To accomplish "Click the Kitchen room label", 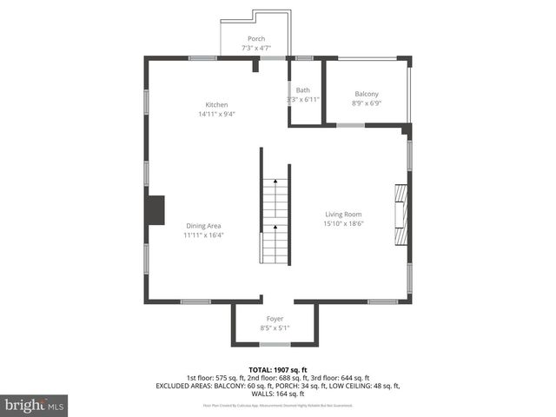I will tap(216, 104).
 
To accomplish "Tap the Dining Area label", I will tap(203, 226).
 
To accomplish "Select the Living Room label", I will tap(343, 214).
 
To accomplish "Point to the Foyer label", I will tap(275, 319).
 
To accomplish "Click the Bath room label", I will tap(302, 90).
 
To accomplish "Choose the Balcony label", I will tap(366, 94).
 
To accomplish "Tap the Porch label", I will tap(256, 39).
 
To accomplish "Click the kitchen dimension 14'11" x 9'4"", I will tap(216, 114).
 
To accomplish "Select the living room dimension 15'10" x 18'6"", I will tap(343, 223).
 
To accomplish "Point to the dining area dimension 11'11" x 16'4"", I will tap(203, 235).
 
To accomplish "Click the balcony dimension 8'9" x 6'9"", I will tap(366, 103).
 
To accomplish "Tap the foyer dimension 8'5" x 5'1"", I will tap(275, 328).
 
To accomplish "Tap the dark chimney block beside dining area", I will tap(156, 210).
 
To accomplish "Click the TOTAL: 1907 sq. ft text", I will tap(277, 369).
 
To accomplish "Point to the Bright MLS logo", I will tap(35, 404).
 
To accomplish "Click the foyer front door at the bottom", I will tap(275, 344).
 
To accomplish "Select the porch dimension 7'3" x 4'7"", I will tap(256, 49).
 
